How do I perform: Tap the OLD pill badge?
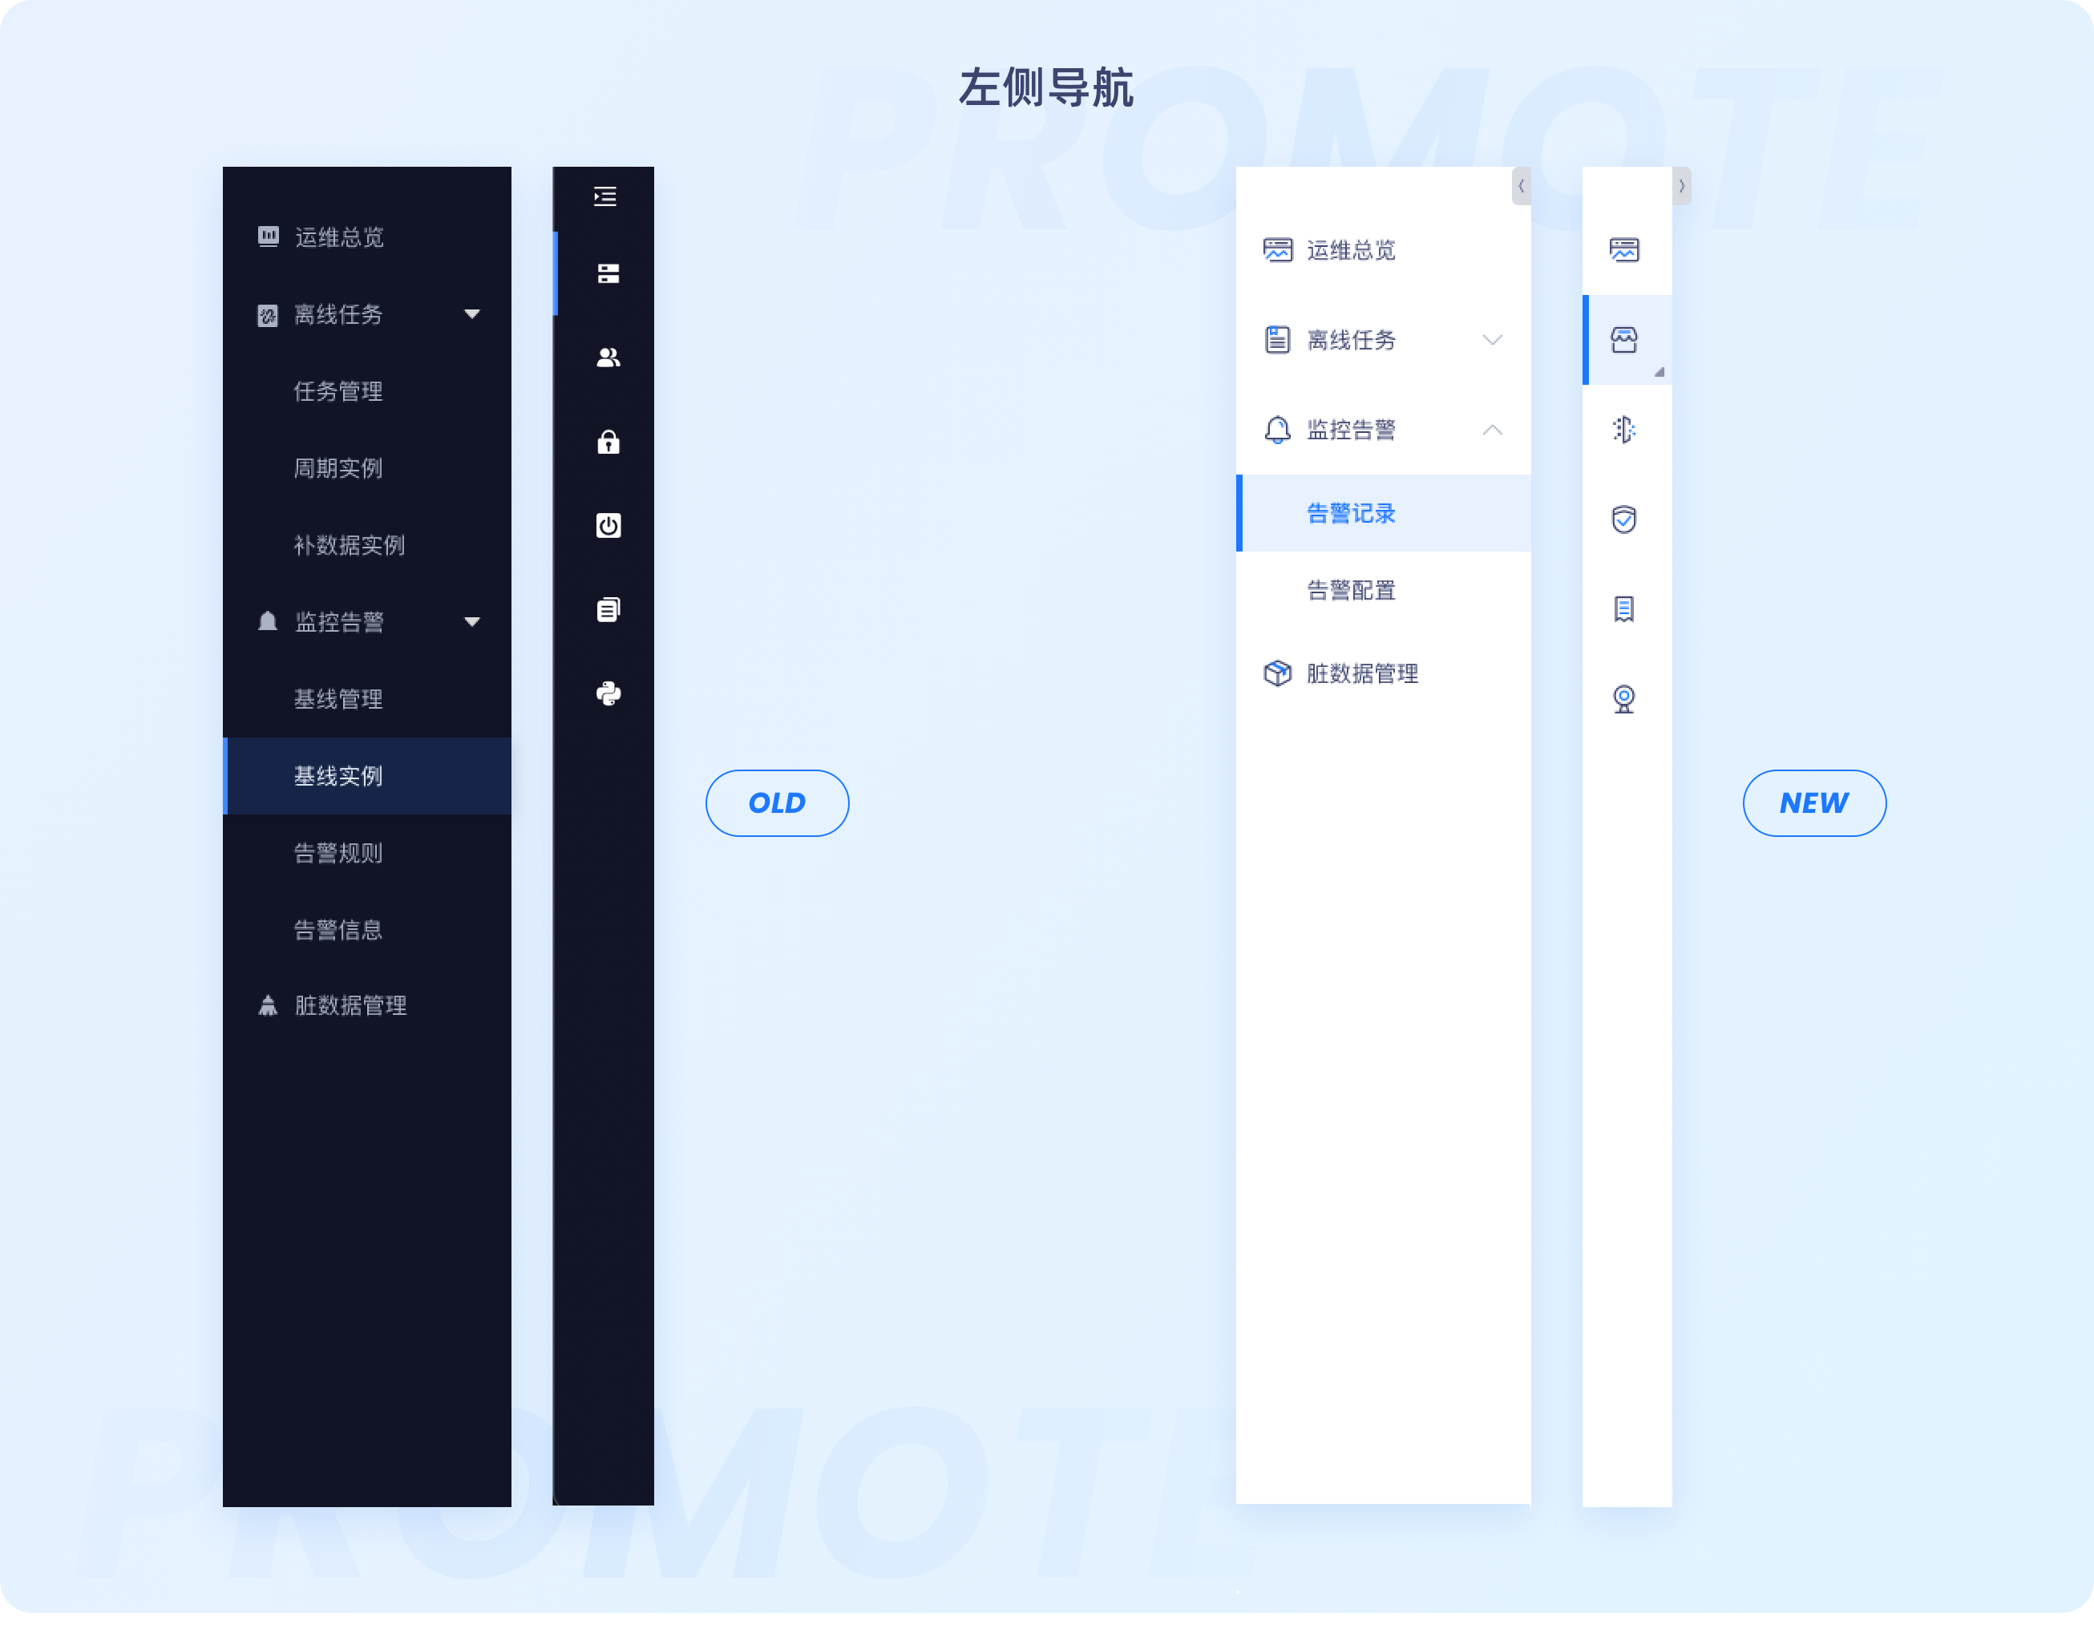point(776,802)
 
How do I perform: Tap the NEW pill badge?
point(1813,802)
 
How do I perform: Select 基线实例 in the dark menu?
point(338,776)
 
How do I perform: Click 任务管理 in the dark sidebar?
point(338,391)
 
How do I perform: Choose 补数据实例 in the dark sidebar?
point(349,545)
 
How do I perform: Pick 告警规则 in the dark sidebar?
point(338,853)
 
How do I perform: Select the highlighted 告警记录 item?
point(1350,513)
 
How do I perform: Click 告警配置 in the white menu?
point(1350,590)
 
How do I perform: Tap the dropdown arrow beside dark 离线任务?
point(472,314)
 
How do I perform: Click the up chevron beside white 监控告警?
point(1492,430)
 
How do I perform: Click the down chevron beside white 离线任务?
point(1492,340)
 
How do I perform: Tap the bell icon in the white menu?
point(1277,430)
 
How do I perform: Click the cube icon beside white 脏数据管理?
point(1277,673)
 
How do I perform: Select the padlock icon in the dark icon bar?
point(608,442)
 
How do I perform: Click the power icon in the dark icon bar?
point(608,526)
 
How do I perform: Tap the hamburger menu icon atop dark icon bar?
point(605,196)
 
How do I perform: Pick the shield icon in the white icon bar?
point(1624,519)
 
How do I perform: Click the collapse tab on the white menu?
point(1521,186)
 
